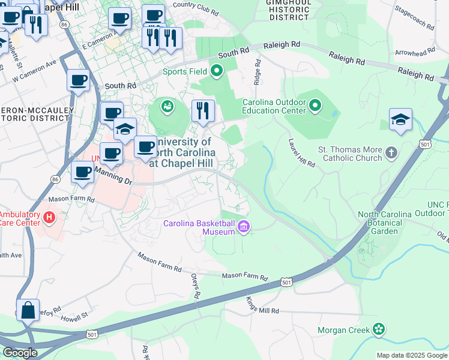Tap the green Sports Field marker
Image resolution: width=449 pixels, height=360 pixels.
pyautogui.click(x=216, y=72)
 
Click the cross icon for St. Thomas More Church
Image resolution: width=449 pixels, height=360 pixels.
pyautogui.click(x=391, y=152)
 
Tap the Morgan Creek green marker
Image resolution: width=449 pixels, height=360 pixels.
pyautogui.click(x=378, y=329)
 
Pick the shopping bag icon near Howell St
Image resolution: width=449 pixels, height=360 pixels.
pyautogui.click(x=28, y=311)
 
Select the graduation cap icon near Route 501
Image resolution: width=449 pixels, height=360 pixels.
pyautogui.click(x=400, y=119)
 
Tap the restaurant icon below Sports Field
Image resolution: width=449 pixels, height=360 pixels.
pyautogui.click(x=203, y=111)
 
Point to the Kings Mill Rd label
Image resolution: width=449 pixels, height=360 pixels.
pyautogui.click(x=263, y=305)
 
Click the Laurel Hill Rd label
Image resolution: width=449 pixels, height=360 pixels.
pyautogui.click(x=301, y=153)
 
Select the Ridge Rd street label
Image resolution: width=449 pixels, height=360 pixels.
pyautogui.click(x=258, y=71)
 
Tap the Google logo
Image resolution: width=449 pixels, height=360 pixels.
pyautogui.click(x=20, y=353)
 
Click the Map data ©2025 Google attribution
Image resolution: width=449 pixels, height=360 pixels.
pyautogui.click(x=411, y=355)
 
